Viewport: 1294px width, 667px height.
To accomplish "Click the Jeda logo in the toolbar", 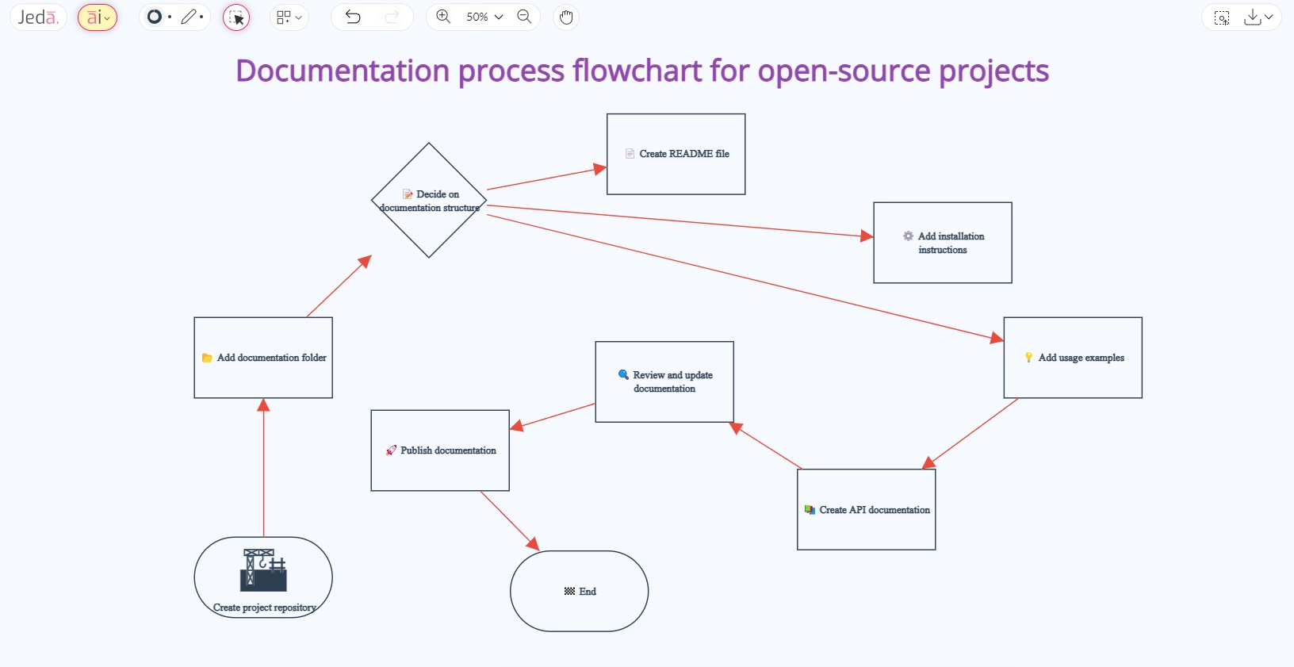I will pyautogui.click(x=38, y=17).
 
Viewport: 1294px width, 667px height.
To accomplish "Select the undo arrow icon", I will pyautogui.click(x=353, y=17).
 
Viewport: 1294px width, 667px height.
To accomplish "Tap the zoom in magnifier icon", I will pyautogui.click(x=443, y=17).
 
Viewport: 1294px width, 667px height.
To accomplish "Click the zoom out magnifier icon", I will pyautogui.click(x=524, y=17).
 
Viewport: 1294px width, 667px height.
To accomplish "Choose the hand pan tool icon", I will pyautogui.click(x=566, y=17).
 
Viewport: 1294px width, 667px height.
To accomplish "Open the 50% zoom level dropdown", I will pyautogui.click(x=484, y=17).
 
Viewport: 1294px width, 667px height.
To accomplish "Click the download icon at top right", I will pyautogui.click(x=1252, y=17).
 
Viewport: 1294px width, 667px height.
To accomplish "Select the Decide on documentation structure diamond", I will pyautogui.click(x=429, y=230).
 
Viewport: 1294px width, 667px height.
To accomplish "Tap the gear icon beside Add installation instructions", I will pyautogui.click(x=908, y=236).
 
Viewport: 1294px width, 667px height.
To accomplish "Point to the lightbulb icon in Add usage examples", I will pyautogui.click(x=1028, y=358).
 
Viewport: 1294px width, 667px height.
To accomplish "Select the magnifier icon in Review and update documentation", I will pyautogui.click(x=623, y=374).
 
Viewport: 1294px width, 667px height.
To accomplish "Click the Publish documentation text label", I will pyautogui.click(x=448, y=450).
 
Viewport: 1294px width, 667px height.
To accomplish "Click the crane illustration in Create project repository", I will pyautogui.click(x=263, y=570).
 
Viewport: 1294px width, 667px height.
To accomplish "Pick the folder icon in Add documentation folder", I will pyautogui.click(x=207, y=358).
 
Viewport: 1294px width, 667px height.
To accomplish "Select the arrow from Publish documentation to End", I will pyautogui.click(x=510, y=521).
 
